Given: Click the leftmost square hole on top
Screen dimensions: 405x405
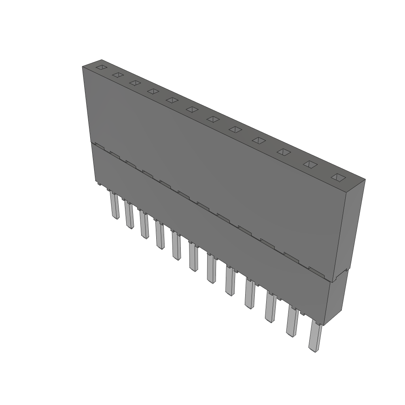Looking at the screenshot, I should pos(102,67).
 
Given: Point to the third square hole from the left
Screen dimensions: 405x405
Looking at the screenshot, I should pos(135,83).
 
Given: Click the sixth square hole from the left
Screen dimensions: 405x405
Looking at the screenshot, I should pos(192,109).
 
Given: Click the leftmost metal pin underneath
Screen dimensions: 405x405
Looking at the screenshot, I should pos(115,206).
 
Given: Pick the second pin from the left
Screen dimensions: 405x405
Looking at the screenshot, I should pos(129,216).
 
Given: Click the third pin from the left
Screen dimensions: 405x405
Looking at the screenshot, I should pos(144,225).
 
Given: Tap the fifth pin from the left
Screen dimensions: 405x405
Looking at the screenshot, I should pos(176,246).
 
